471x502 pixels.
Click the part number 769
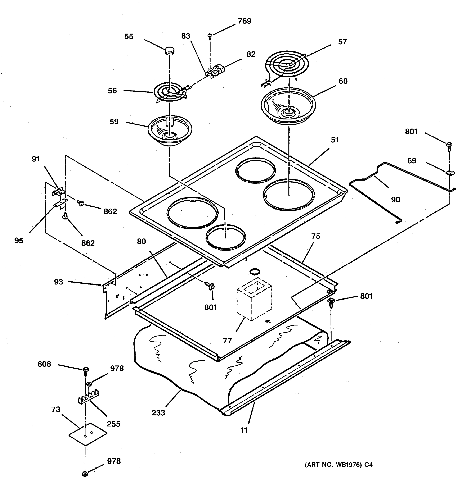(x=244, y=21)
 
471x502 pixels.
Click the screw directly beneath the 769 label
(x=210, y=37)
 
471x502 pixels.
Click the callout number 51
(x=334, y=140)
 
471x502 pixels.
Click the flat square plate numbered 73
(x=88, y=434)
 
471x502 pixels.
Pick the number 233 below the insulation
(x=158, y=413)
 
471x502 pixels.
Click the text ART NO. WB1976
(x=333, y=465)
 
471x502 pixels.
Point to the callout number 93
(x=58, y=282)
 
